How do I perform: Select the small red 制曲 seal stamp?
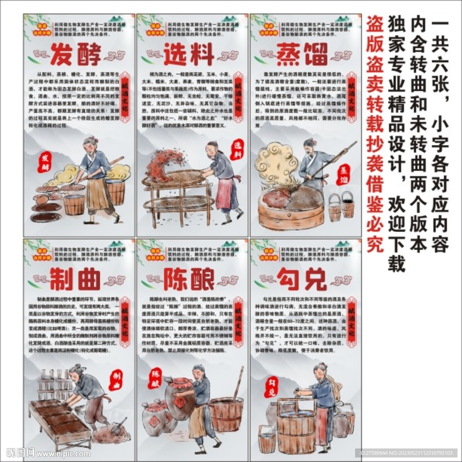[115, 380]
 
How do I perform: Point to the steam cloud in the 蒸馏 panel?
[276, 163]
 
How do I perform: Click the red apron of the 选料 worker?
[224, 194]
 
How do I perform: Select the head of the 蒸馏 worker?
[310, 145]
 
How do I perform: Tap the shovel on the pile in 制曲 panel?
[119, 426]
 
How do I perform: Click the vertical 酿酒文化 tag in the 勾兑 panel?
[351, 322]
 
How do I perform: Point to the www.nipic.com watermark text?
[63, 453]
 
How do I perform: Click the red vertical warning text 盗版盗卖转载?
[374, 135]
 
